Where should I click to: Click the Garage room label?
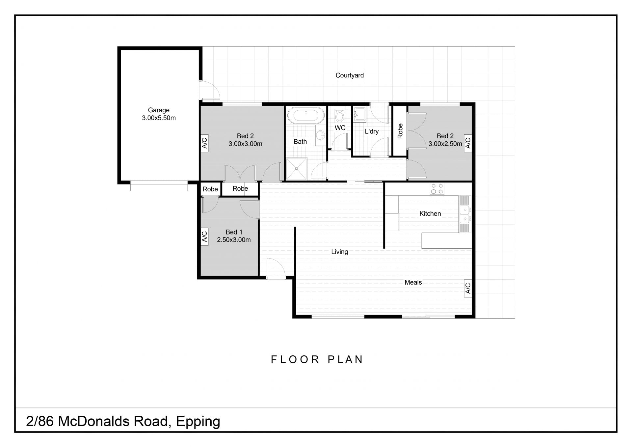pos(159,110)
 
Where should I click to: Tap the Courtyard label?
pos(350,75)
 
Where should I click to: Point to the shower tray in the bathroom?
pos(296,169)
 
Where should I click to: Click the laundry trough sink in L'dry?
pos(359,114)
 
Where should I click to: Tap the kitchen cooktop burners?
pos(437,189)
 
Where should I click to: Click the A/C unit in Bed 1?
pos(204,236)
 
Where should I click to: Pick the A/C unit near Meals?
pos(468,289)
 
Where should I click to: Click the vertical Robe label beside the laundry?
pos(400,131)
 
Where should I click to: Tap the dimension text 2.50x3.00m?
pos(234,240)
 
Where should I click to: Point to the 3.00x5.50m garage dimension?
pos(159,118)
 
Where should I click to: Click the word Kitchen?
pos(430,213)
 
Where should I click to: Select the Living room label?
pos(339,252)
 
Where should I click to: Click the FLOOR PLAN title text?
pos(317,359)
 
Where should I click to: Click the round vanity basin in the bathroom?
pos(320,135)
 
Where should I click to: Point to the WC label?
pos(340,128)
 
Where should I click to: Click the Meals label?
pos(413,282)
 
